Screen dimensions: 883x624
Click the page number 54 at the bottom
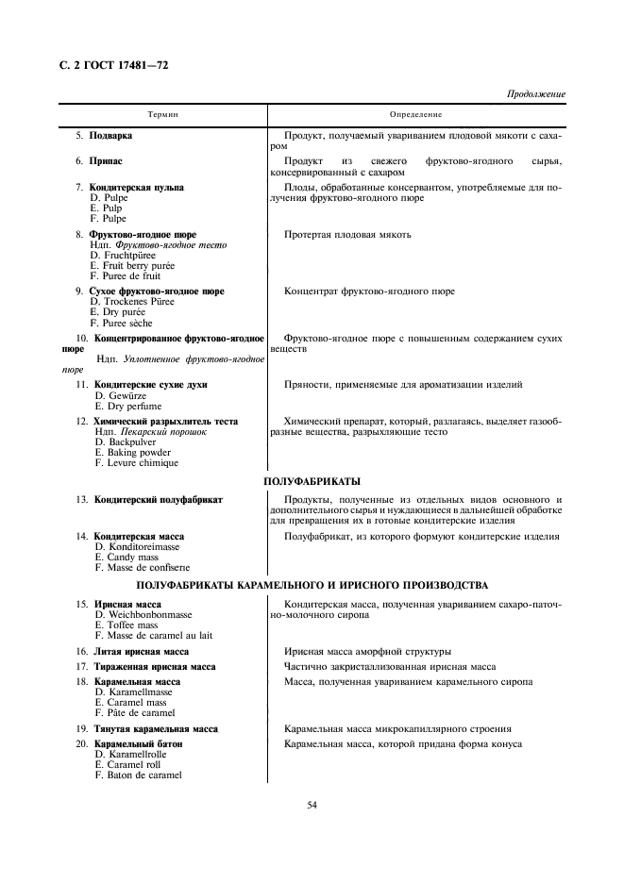[312, 805]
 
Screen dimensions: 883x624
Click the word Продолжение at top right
[535, 94]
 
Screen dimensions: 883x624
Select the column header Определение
[416, 114]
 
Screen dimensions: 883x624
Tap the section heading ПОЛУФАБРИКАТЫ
[312, 481]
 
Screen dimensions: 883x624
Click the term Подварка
[110, 136]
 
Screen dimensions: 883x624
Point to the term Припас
[106, 162]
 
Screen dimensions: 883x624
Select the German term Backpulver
[125, 442]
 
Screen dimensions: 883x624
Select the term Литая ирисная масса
[141, 652]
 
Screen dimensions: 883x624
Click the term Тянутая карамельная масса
[156, 729]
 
